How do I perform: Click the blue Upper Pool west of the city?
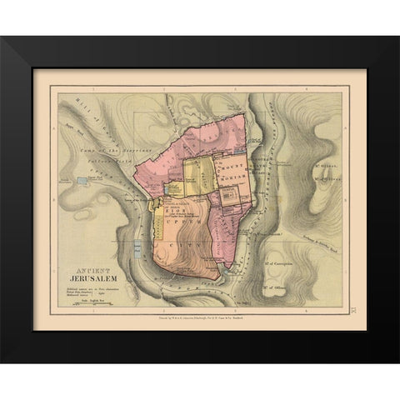tap(81, 179)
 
